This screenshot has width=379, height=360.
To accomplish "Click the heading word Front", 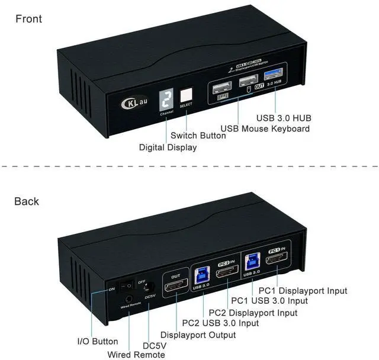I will (x=28, y=19).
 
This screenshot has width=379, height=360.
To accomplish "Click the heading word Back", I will (x=27, y=202).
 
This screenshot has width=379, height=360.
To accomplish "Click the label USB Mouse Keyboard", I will (x=265, y=128).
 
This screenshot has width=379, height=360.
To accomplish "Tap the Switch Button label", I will (x=198, y=136).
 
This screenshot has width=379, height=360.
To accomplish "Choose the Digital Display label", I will (x=168, y=147).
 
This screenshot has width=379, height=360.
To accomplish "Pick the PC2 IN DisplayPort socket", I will (x=226, y=274).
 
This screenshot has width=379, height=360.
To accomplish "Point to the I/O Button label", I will (x=98, y=342).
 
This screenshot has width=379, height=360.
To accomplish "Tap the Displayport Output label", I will (x=198, y=335).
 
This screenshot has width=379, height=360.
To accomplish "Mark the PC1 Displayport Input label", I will (x=304, y=291).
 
